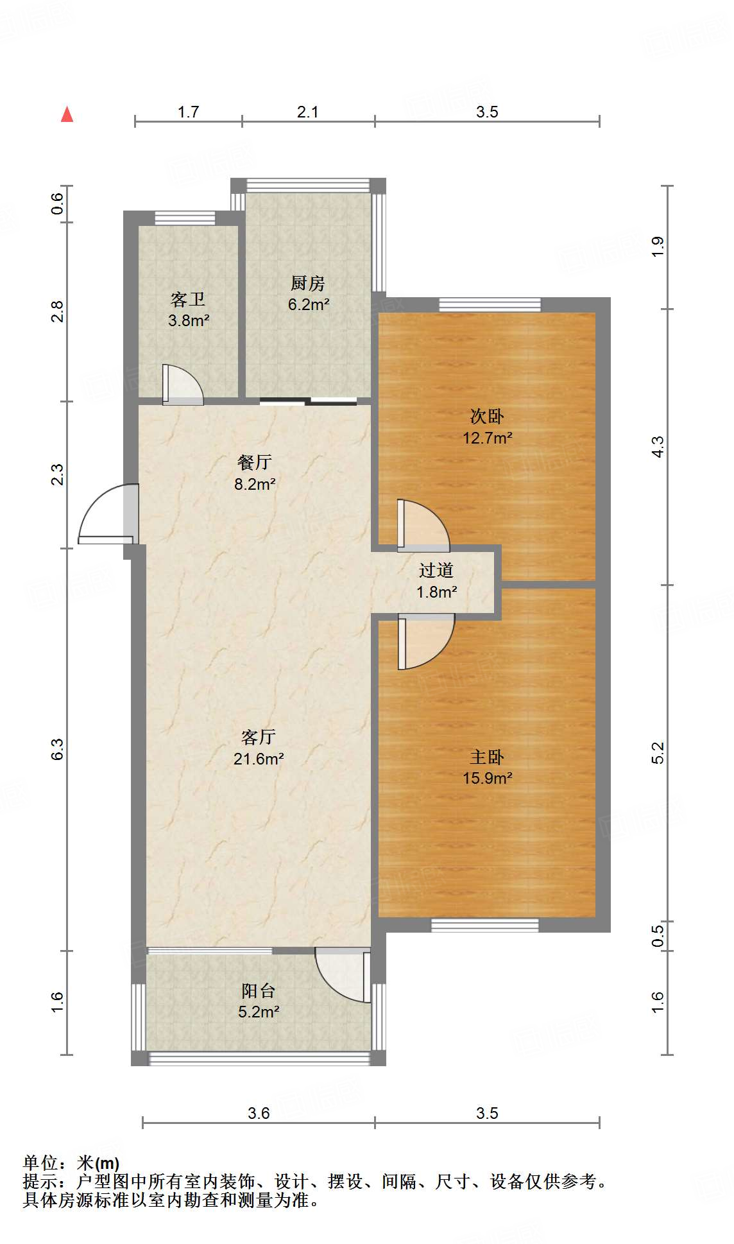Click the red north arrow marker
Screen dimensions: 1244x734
pyautogui.click(x=67, y=114)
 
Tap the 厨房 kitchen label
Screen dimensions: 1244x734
pyautogui.click(x=308, y=283)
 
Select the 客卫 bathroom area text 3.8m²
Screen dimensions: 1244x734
pyautogui.click(x=189, y=320)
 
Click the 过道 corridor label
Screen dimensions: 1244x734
pyautogui.click(x=436, y=570)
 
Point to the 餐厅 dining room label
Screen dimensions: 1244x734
pyautogui.click(x=254, y=462)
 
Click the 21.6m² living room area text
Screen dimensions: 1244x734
pyautogui.click(x=259, y=759)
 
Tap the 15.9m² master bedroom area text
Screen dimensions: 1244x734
pyautogui.click(x=487, y=778)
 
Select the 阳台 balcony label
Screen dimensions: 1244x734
pyautogui.click(x=258, y=990)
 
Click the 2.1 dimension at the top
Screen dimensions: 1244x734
pyautogui.click(x=308, y=112)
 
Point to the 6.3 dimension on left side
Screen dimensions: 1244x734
pyautogui.click(x=58, y=749)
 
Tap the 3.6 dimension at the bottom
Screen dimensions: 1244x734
pyautogui.click(x=259, y=1113)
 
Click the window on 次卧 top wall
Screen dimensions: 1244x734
pyautogui.click(x=490, y=304)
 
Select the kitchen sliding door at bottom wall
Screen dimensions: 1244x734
pyautogui.click(x=308, y=402)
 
